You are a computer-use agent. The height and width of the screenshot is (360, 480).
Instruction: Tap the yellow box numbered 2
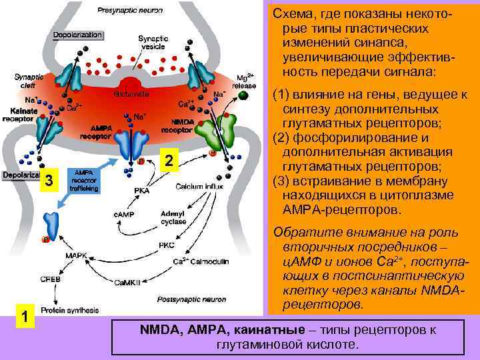click(171, 161)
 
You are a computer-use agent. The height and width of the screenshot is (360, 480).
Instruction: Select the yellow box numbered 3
click(47, 180)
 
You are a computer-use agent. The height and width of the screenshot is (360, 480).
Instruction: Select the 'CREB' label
click(51, 279)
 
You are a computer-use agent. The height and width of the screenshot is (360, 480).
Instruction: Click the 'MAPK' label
click(75, 255)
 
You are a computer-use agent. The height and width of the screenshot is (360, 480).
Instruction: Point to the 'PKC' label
click(167, 245)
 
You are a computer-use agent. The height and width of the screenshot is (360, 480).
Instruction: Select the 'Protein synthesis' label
click(69, 311)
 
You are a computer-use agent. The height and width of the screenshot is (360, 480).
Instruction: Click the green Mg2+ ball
click(243, 95)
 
